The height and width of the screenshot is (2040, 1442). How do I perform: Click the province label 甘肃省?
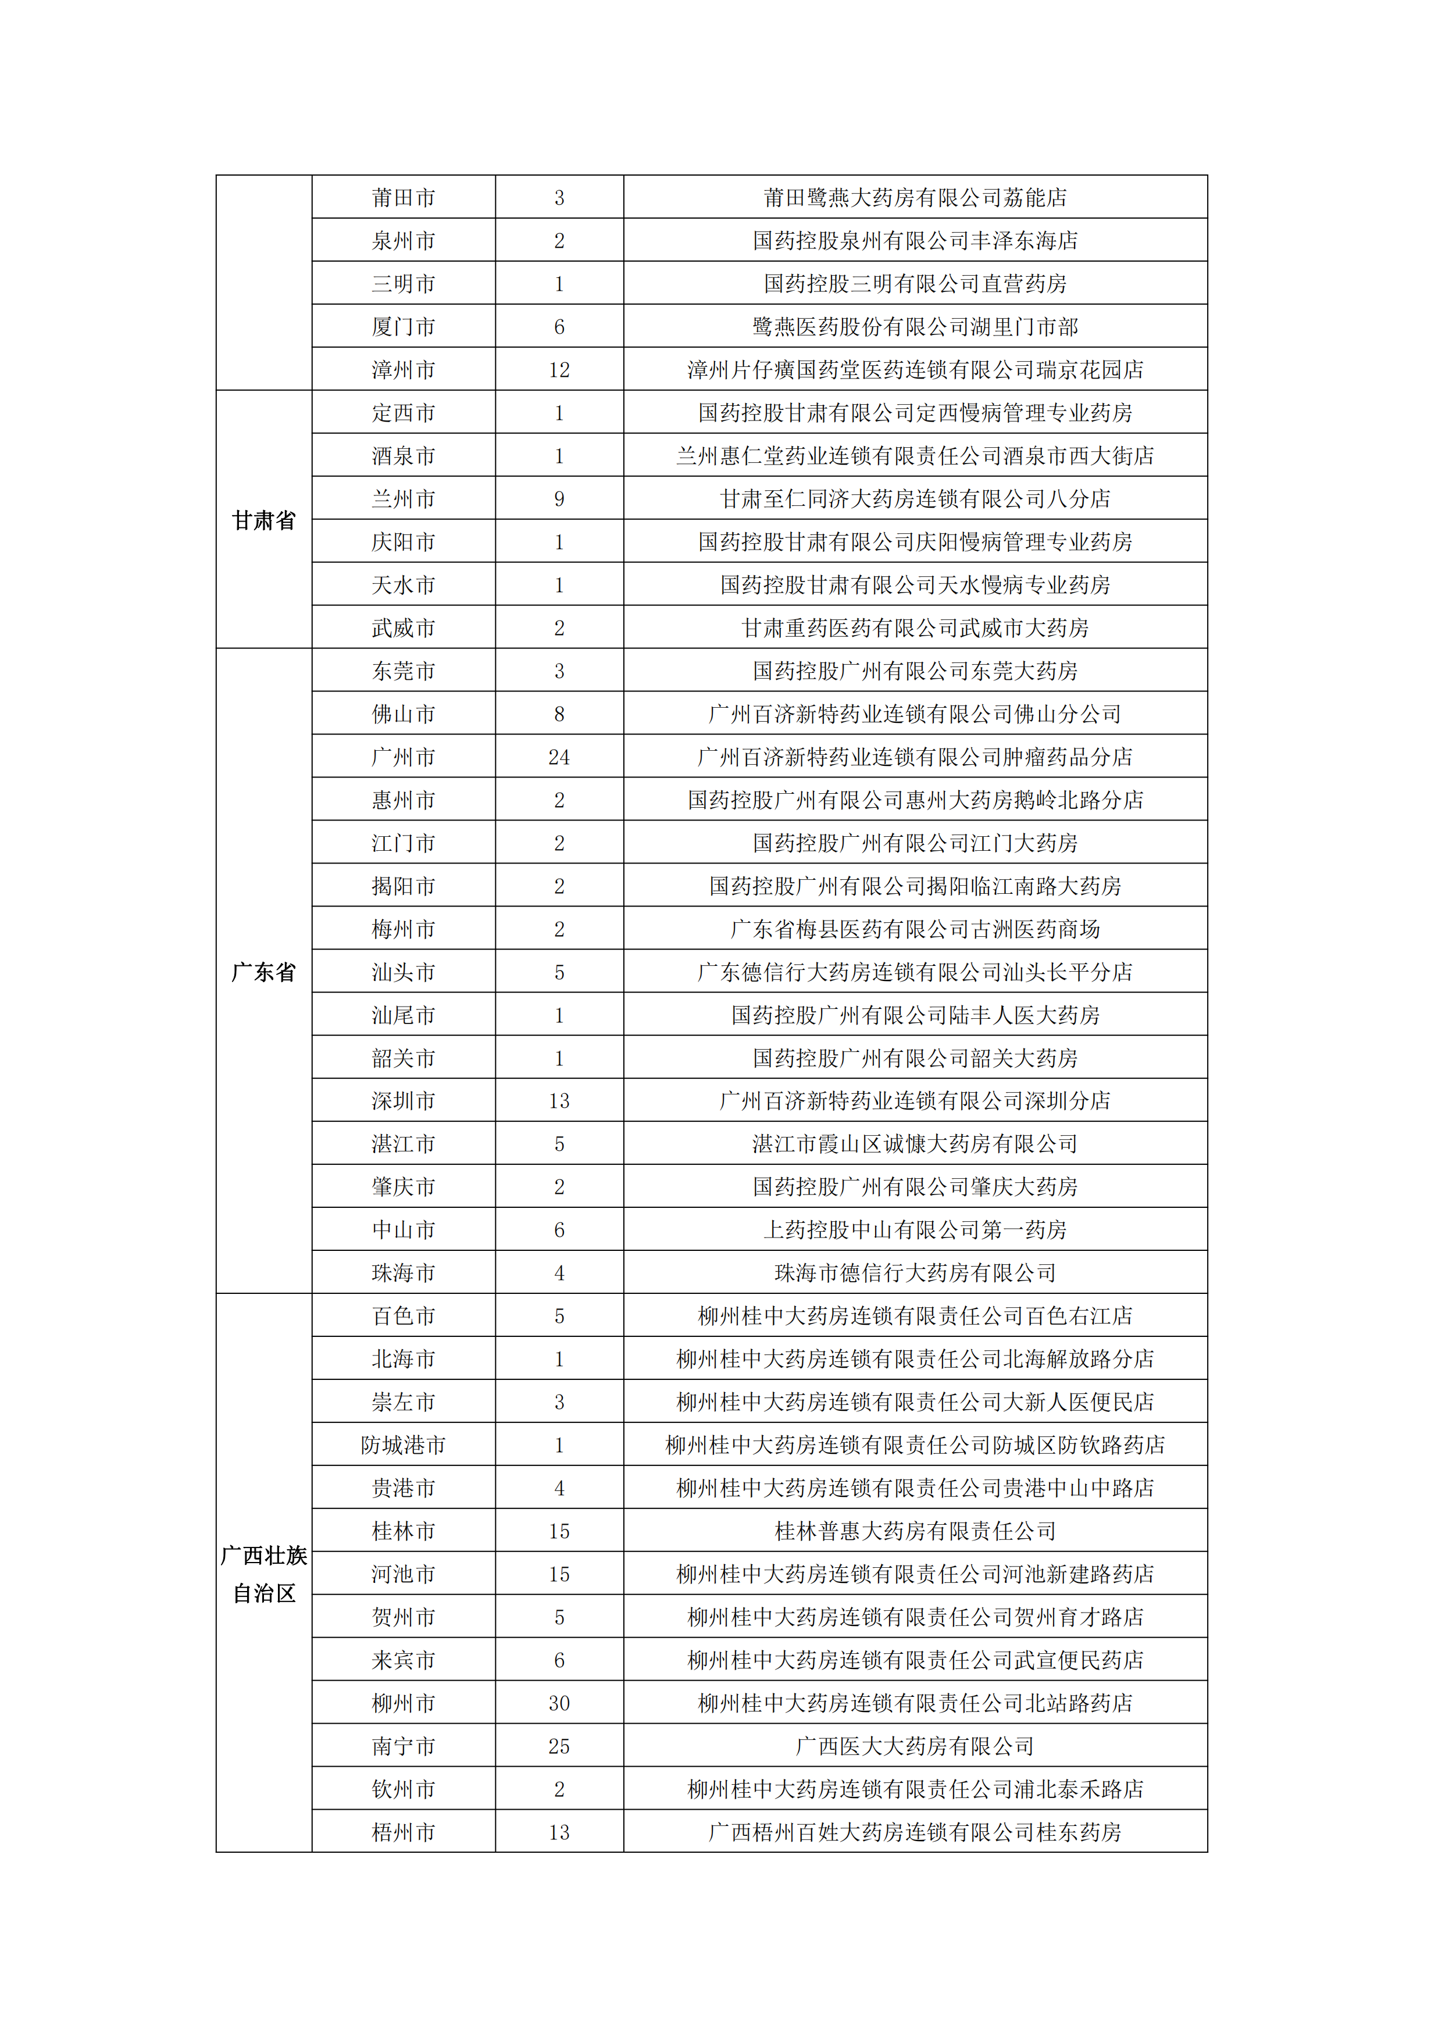[x=264, y=520]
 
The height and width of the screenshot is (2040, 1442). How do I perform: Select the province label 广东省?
[x=264, y=972]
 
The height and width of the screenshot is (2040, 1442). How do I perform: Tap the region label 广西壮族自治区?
[x=264, y=1574]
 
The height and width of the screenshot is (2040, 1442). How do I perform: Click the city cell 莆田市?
[x=404, y=197]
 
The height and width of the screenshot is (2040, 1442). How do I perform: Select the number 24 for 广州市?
[x=559, y=757]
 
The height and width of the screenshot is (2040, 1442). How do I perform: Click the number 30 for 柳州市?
[x=559, y=1703]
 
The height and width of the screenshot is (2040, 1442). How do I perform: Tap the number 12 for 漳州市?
[x=559, y=370]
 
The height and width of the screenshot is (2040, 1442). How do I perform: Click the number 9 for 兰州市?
[x=559, y=498]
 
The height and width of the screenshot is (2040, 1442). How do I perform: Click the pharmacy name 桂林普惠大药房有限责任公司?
[x=915, y=1531]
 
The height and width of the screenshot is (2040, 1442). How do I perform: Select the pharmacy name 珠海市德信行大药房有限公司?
[x=915, y=1273]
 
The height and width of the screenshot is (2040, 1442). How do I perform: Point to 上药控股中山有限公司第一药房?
[x=915, y=1230]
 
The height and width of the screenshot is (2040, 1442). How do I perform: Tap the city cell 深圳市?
[x=404, y=1101]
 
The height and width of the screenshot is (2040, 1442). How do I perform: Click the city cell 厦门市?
[x=404, y=327]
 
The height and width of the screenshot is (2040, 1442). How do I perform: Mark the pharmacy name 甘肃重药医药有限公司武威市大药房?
[x=915, y=628]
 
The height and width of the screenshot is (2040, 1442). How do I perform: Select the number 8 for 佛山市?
[x=559, y=714]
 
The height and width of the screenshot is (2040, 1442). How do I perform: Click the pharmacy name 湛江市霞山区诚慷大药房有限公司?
[x=915, y=1143]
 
